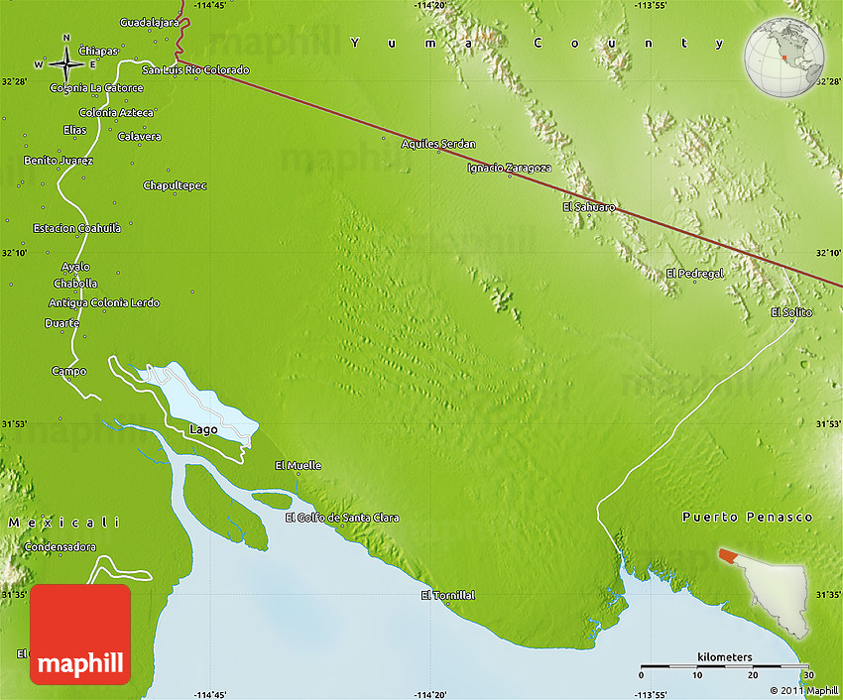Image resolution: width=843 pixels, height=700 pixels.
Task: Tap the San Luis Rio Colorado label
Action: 195,70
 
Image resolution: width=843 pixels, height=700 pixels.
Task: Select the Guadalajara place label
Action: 148,22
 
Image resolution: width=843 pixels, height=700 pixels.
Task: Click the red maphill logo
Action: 80,634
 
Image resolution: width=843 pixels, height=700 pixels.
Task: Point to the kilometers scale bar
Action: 724,666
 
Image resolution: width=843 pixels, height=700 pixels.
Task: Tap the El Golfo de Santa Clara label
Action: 342,518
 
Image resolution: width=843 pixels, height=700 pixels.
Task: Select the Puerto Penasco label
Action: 747,518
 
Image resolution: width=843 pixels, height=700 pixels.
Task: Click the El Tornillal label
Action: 447,595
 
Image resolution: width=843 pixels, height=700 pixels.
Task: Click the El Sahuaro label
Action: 588,207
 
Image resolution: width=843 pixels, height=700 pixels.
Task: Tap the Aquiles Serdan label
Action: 437,144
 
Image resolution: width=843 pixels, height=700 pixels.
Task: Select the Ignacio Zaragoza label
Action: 508,168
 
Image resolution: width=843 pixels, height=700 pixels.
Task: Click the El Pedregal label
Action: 694,273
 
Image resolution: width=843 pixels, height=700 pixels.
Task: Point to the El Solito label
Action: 790,312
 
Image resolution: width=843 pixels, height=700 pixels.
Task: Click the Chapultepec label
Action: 175,185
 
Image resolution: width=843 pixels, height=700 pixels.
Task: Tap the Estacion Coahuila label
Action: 76,228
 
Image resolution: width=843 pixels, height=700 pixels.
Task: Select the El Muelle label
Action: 298,465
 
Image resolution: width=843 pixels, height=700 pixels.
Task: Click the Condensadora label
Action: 60,546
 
